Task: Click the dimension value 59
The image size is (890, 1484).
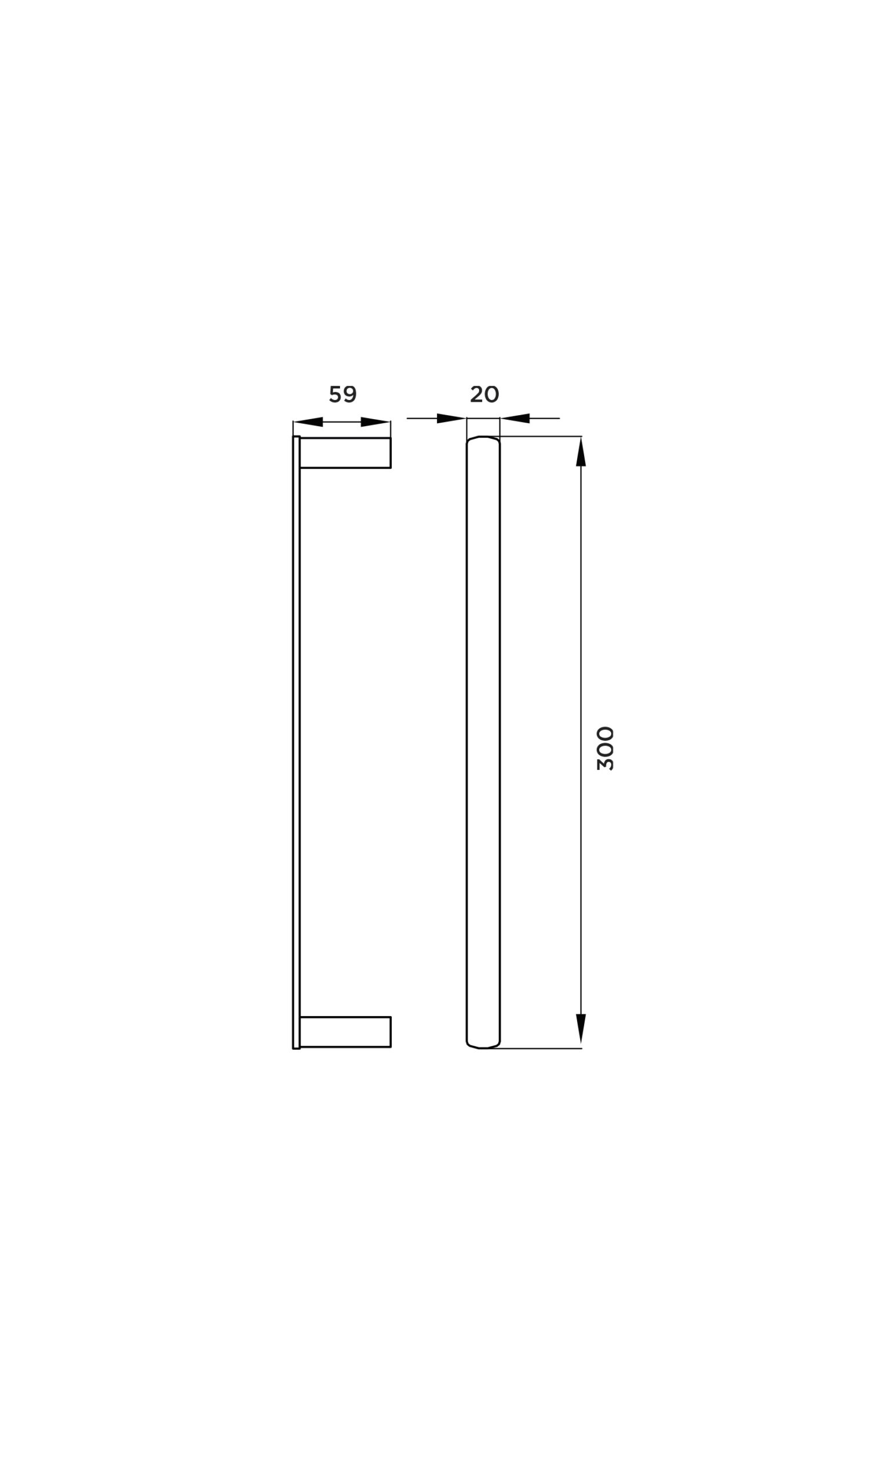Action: click(343, 395)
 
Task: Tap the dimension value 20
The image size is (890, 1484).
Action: click(484, 395)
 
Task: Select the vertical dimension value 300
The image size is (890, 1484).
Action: click(605, 748)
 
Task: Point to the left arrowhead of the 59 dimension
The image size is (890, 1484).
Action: click(308, 421)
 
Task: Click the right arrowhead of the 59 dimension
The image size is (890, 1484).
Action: click(375, 421)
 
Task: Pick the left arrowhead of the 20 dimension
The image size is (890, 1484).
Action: click(451, 418)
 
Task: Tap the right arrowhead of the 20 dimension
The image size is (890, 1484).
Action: click(515, 418)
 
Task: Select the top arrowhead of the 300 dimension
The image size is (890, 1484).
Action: click(581, 452)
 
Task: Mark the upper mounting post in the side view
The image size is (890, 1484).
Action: click(345, 453)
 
